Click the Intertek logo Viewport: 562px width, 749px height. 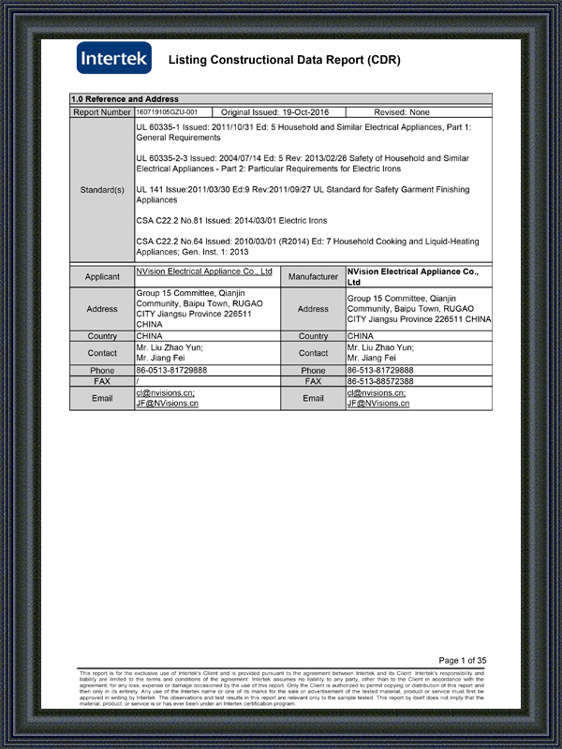pyautogui.click(x=113, y=59)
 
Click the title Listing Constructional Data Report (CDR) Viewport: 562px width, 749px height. pyautogui.click(x=284, y=61)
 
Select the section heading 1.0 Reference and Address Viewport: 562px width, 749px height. pyautogui.click(x=125, y=99)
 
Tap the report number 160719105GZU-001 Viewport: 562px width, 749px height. pyautogui.click(x=168, y=111)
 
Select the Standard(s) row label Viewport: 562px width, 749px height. pyautogui.click(x=102, y=190)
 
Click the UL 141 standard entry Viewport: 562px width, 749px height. pyautogui.click(x=303, y=195)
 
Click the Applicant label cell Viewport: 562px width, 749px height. pyautogui.click(x=102, y=277)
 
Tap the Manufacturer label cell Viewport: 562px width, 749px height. pyautogui.click(x=313, y=277)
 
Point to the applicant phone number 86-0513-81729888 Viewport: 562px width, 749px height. pyautogui.click(x=172, y=371)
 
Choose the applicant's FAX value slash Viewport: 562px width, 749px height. pyautogui.click(x=138, y=382)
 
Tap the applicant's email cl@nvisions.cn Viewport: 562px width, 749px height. pyautogui.click(x=166, y=393)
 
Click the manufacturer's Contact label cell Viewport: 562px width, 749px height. pyautogui.click(x=313, y=353)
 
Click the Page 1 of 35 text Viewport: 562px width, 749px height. pyautogui.click(x=462, y=660)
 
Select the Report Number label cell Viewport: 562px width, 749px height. pyautogui.click(x=102, y=112)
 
